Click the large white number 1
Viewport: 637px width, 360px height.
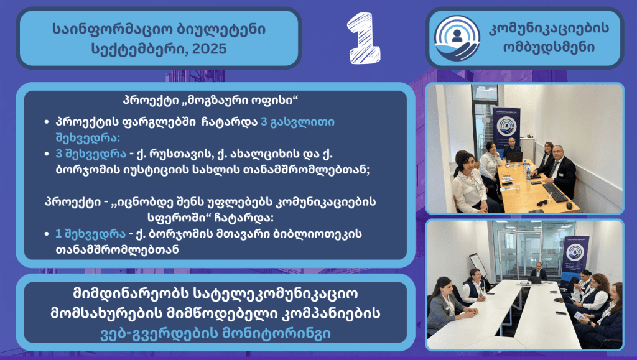coord(363,38)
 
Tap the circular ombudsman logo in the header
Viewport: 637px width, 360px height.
coord(457,38)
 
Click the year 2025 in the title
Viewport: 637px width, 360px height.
coord(209,49)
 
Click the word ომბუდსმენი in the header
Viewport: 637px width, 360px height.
coord(549,47)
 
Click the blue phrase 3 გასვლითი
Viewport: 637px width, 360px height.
coord(297,122)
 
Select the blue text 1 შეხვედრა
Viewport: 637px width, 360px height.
coord(90,234)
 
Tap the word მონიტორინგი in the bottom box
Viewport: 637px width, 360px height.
coord(276,334)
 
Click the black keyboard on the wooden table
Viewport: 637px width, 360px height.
coord(556,192)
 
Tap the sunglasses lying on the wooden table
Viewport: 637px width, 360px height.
coord(542,203)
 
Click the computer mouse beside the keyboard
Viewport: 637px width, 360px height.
coord(570,206)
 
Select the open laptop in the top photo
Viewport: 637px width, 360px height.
coord(514,157)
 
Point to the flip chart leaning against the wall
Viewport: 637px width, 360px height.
coord(478,266)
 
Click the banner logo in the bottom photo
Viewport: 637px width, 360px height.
coord(574,252)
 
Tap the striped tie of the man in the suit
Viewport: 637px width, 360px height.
coord(552,169)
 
